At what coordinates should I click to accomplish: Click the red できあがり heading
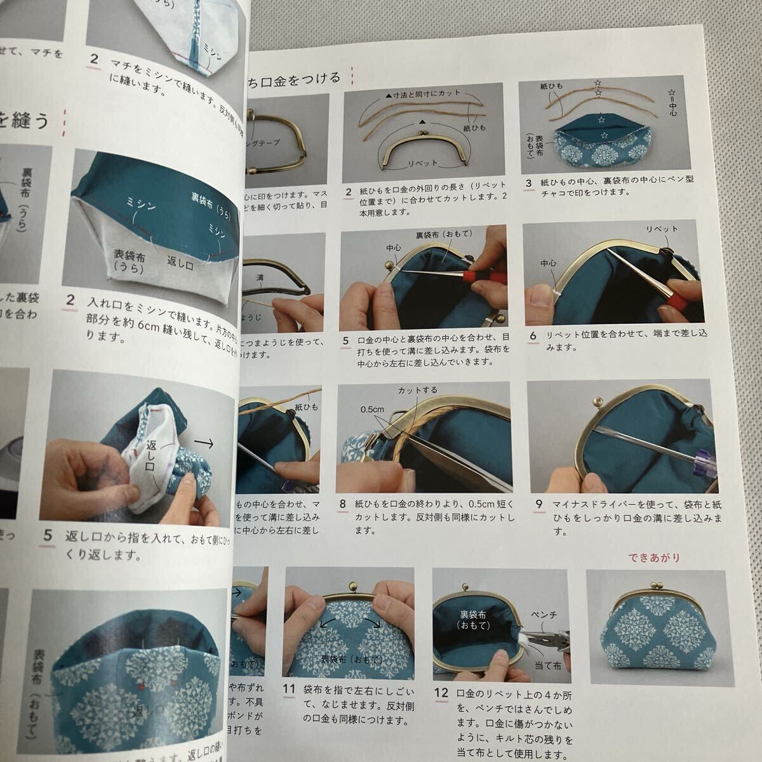(654, 558)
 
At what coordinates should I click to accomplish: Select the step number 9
(539, 505)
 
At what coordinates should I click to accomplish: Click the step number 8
(344, 505)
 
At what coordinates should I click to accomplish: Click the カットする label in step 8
(417, 390)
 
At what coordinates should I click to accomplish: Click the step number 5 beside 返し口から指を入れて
(48, 537)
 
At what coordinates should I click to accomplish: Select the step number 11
(290, 705)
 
